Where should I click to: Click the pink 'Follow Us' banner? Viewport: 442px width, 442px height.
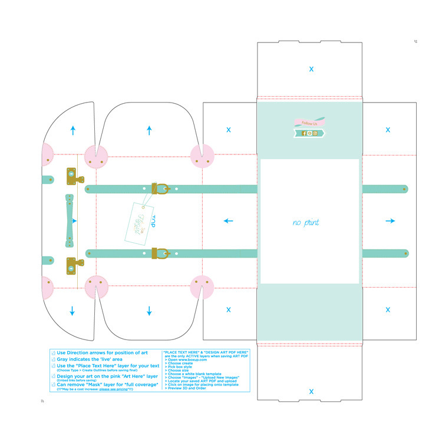coord(309,123)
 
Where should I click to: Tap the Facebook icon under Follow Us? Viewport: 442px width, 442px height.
coord(304,133)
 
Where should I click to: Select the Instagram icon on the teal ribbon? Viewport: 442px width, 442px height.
coord(315,133)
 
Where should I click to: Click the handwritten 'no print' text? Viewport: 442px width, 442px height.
coord(306,223)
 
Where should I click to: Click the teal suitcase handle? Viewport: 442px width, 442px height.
coord(70,221)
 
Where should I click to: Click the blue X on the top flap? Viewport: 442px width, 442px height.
coord(311,69)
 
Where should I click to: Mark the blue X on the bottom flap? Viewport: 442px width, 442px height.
coord(311,391)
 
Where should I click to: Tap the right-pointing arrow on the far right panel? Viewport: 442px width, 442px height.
coord(390,221)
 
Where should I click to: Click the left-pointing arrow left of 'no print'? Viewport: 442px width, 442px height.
coord(228,221)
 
